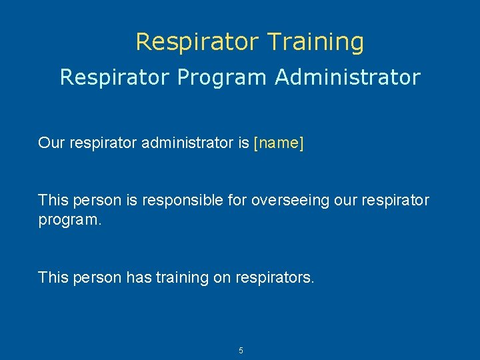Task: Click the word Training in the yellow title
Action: click(x=315, y=42)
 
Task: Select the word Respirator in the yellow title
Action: click(x=197, y=42)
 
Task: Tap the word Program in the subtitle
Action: click(x=222, y=77)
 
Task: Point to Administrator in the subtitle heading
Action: click(x=347, y=77)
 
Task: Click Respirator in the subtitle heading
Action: click(x=115, y=77)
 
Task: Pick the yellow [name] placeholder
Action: click(x=279, y=143)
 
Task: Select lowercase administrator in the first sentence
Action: click(x=187, y=143)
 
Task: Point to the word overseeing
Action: click(x=283, y=200)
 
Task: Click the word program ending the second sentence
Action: click(x=70, y=219)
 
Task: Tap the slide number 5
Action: click(x=241, y=350)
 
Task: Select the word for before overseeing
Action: click(x=237, y=200)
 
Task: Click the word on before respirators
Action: click(x=222, y=277)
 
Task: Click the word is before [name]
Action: click(x=243, y=143)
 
